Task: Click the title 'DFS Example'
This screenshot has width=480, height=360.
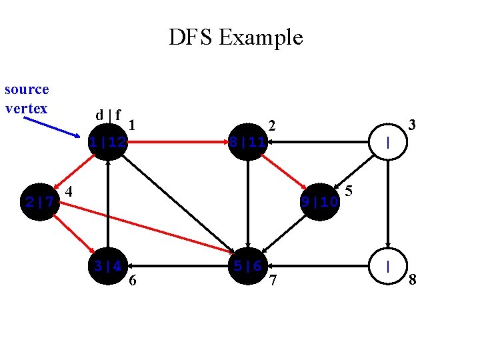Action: (x=235, y=37)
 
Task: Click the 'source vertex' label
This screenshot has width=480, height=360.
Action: (x=27, y=99)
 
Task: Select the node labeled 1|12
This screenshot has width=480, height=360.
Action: (x=108, y=142)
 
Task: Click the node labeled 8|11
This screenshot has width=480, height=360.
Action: (x=247, y=142)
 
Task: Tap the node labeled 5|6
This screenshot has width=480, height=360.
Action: (x=247, y=266)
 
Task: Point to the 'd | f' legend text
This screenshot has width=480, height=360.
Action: (x=108, y=115)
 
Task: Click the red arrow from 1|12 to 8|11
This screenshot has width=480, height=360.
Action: (x=177, y=142)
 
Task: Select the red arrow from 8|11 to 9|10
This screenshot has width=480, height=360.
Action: (x=283, y=171)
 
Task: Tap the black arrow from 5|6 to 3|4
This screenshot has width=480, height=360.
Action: (x=177, y=266)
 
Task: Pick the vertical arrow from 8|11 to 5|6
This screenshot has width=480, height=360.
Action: (x=247, y=204)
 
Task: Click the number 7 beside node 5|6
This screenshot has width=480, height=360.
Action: (x=272, y=281)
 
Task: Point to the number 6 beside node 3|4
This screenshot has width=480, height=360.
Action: (x=133, y=281)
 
